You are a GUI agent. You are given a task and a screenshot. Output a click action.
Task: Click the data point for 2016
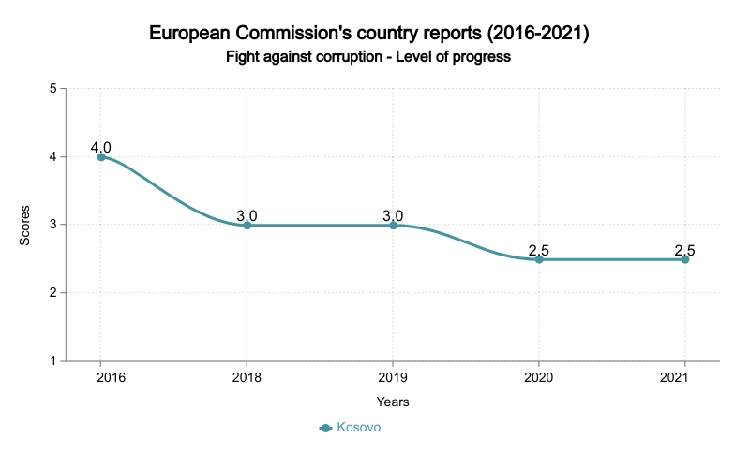tap(101, 157)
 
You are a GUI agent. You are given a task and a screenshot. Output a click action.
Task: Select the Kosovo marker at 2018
tap(247, 226)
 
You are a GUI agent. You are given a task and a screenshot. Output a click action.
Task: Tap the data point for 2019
tap(393, 226)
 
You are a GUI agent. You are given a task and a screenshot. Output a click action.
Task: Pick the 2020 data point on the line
tap(539, 259)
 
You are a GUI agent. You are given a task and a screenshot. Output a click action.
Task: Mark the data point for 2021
tap(685, 259)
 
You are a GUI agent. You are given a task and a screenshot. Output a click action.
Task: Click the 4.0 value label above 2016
tap(101, 148)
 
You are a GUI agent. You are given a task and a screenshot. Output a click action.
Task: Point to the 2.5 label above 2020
tap(539, 250)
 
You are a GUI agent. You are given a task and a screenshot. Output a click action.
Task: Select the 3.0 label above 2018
tap(247, 216)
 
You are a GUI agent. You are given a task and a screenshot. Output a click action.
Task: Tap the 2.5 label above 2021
tap(685, 250)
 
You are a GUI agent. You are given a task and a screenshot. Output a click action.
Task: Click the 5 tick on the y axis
tap(53, 89)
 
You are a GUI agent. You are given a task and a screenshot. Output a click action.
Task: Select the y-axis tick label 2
tap(53, 293)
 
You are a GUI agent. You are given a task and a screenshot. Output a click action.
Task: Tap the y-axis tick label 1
tap(53, 361)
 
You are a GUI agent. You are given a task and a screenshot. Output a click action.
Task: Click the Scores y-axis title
tap(26, 225)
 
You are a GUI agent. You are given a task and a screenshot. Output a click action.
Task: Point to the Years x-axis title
tap(393, 402)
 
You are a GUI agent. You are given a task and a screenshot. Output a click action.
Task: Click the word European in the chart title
tap(193, 35)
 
